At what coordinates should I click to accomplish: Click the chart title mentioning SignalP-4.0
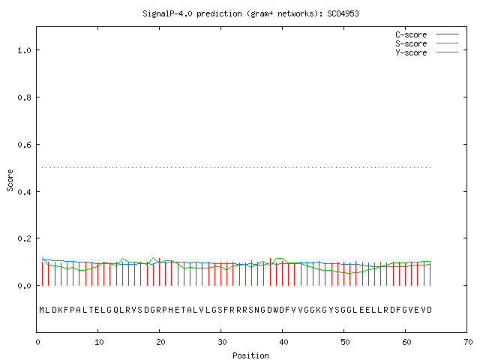point(250,13)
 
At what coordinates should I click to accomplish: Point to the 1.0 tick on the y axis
point(25,50)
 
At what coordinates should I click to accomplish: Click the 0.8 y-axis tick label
point(25,97)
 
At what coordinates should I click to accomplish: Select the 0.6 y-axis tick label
point(25,145)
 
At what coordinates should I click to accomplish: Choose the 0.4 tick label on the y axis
point(25,192)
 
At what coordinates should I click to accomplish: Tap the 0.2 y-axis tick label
point(25,238)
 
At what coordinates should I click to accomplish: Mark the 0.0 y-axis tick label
point(25,286)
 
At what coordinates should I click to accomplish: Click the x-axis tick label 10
point(99,342)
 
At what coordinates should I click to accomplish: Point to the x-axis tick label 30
point(222,342)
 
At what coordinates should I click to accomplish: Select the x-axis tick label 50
point(345,342)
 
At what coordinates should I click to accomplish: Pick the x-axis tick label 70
point(468,342)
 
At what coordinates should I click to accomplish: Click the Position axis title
point(250,355)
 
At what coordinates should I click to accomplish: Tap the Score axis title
point(10,180)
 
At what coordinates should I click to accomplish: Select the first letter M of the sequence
point(42,310)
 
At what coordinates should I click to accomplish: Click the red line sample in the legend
point(447,34)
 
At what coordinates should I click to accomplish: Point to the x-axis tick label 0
point(38,342)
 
